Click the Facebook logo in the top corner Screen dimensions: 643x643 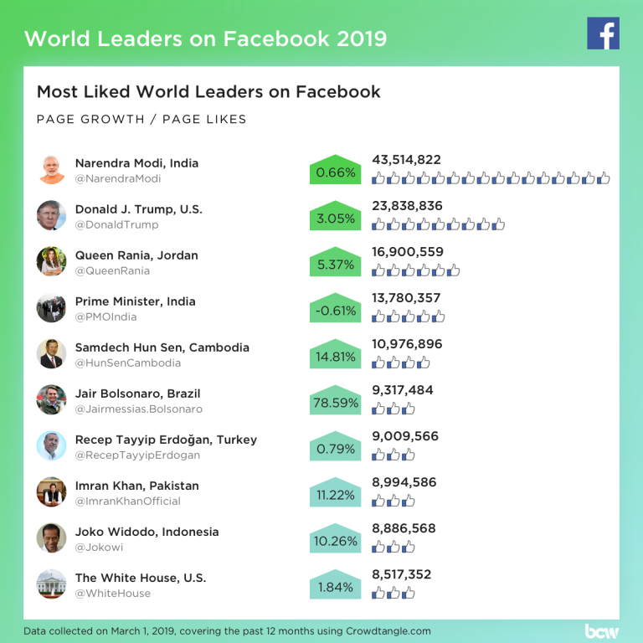coord(603,33)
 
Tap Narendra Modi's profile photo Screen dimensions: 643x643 coord(51,169)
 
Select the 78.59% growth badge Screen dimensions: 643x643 coord(335,402)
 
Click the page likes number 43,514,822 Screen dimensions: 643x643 coord(406,160)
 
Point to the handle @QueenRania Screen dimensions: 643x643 coord(112,270)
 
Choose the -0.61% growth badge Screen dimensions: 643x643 coord(335,310)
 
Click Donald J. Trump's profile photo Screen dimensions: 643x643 coord(51,215)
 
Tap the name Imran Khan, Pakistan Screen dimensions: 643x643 coord(136,486)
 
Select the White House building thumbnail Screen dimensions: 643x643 coord(51,584)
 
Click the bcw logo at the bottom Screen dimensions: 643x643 coord(601,630)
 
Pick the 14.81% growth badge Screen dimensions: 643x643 coord(335,356)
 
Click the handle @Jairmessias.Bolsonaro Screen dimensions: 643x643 coord(138,409)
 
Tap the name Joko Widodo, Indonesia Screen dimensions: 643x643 coord(147,532)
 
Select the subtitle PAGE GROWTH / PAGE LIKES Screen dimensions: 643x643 coord(141,119)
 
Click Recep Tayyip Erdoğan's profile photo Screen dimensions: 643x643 coord(51,445)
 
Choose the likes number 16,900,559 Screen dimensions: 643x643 coord(406,252)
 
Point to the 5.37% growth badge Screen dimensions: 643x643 coord(335,264)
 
